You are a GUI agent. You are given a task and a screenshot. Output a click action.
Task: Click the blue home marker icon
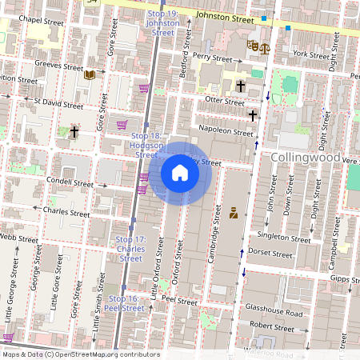pos(180,173)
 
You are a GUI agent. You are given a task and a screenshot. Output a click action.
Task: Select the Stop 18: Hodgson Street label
pos(146,146)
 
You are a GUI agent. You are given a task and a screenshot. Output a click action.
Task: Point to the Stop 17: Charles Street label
pos(130,249)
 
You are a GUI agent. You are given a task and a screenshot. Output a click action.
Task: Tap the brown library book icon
pos(90,74)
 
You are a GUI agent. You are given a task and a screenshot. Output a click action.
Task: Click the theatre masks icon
pos(252,46)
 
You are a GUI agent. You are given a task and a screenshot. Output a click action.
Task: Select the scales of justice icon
pos(263,47)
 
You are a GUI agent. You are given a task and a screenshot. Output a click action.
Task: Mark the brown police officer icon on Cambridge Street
pos(234,213)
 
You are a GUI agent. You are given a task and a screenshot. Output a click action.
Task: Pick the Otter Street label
pos(224,102)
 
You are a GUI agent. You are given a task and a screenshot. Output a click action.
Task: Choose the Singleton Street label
pos(283,238)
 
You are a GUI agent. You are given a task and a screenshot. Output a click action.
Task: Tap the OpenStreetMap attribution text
pos(80,354)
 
